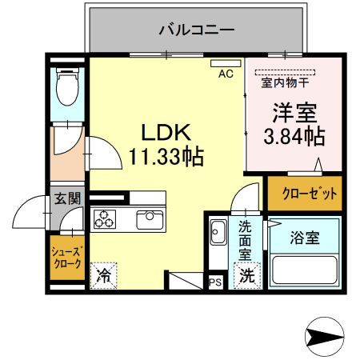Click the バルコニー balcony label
pos(196,30)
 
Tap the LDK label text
pos(166,130)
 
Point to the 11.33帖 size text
pos(166,155)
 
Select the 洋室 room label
pos(294,112)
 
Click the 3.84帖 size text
pos(294,137)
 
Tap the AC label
pos(226,74)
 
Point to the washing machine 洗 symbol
pos(248,277)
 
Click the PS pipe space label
pos(215,282)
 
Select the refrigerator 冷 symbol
pos(104,275)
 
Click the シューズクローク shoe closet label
pos(66,256)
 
